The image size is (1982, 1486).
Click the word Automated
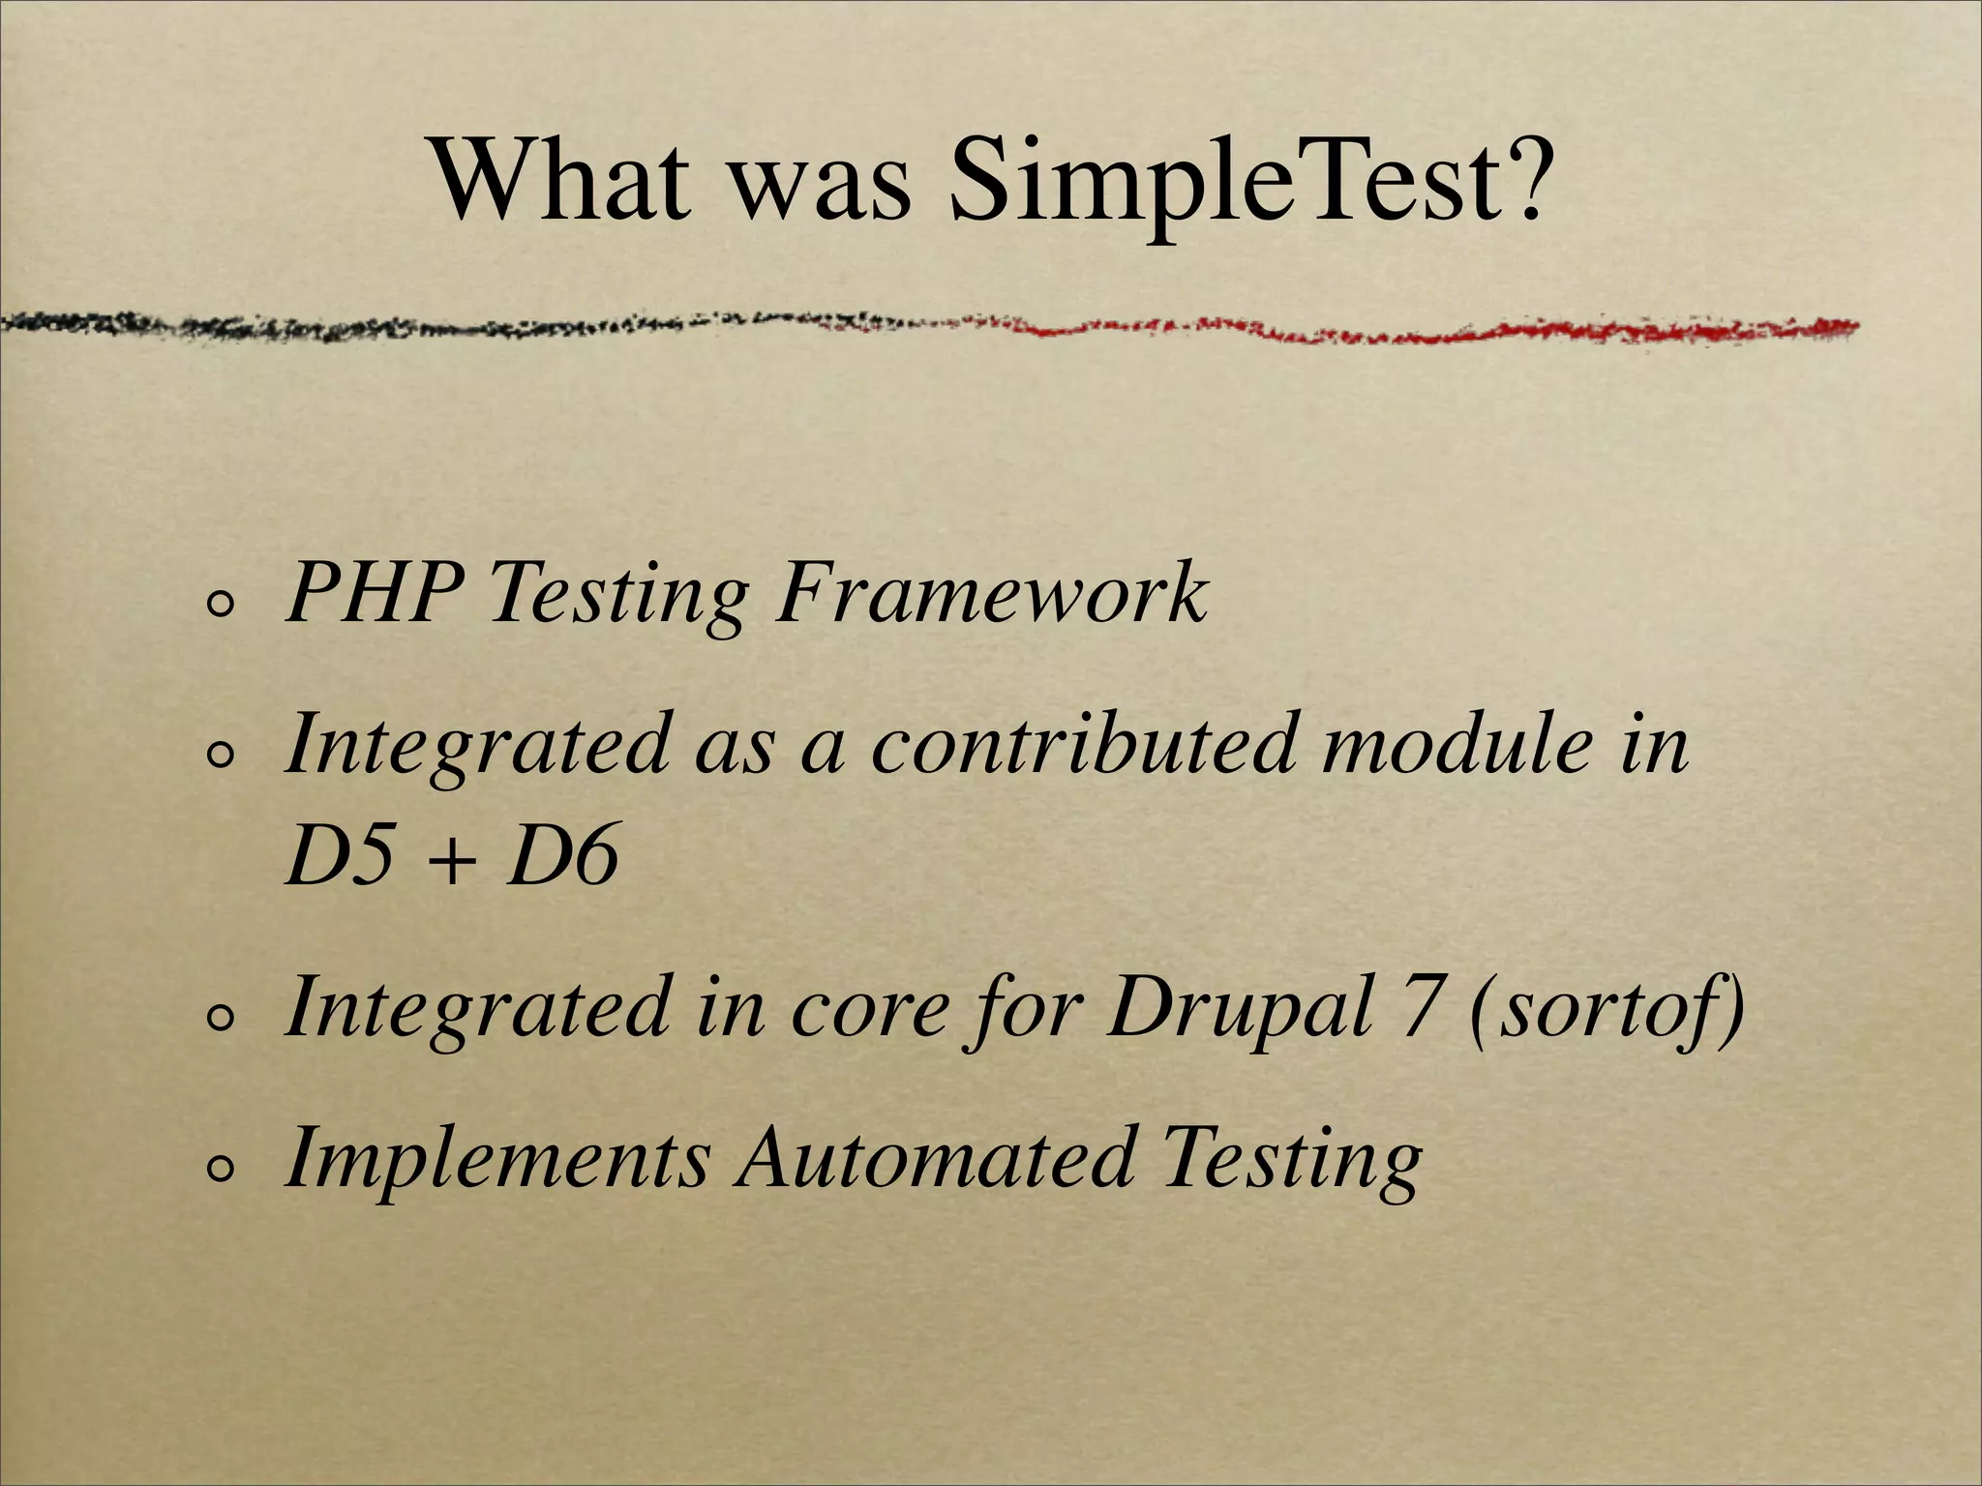pyautogui.click(x=934, y=1158)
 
